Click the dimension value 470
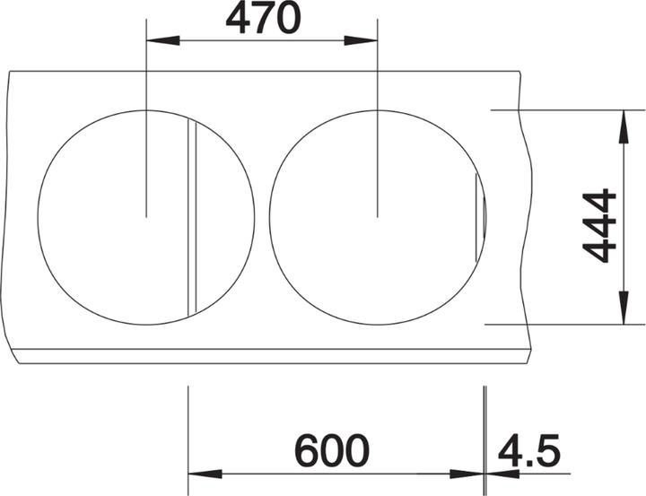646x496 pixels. tap(262, 18)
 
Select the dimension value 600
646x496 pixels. tap(331, 449)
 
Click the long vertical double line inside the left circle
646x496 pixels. tap(189, 215)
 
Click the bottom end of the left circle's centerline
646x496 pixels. tap(146, 215)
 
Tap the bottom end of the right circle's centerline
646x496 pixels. tap(377, 215)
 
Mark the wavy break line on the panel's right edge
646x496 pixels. tap(526, 215)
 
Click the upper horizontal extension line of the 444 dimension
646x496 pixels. tap(565, 109)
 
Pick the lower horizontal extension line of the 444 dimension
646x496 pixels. tap(565, 324)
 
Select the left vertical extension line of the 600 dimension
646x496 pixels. tap(188, 431)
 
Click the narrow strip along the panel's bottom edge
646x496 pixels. tap(269, 356)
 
